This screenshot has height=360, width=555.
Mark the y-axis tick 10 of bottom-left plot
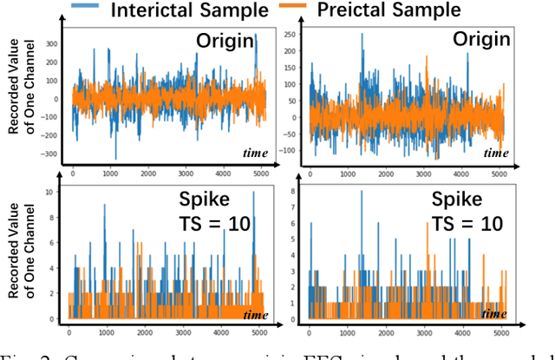pos(59,191)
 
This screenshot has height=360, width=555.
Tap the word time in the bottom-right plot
pos(494,313)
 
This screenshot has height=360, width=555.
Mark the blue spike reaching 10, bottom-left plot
pos(254,193)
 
